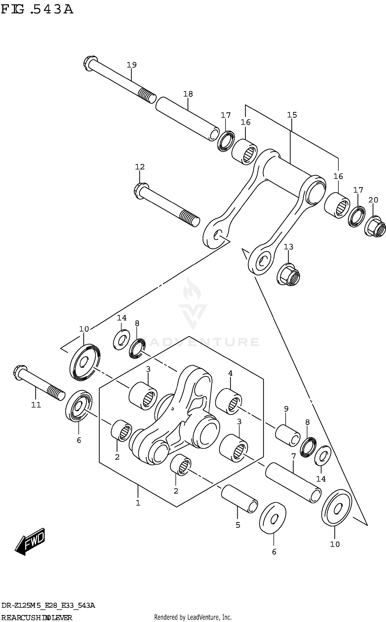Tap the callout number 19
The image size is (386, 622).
pos(131,65)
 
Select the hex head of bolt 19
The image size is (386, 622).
pos(90,63)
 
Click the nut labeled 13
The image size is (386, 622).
pos(289,275)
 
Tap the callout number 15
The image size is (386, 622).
pos(292,115)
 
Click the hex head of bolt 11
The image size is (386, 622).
pos(20,372)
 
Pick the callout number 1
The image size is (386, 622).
pos(138,503)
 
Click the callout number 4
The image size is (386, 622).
pos(230,373)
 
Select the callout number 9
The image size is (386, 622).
pos(286,409)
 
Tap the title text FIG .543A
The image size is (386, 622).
pos(37,10)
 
